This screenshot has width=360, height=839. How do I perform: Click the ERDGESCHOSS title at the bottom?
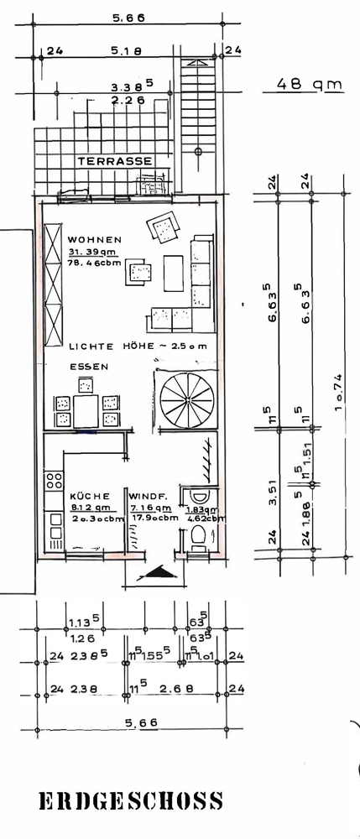tap(131, 801)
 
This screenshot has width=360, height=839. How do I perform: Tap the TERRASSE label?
tap(115, 160)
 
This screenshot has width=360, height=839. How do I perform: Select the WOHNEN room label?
tap(95, 240)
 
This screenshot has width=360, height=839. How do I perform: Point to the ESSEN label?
tap(89, 367)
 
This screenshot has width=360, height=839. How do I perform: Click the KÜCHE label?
tap(86, 496)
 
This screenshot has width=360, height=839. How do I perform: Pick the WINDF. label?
tap(148, 496)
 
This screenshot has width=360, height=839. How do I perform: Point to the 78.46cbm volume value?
tap(95, 265)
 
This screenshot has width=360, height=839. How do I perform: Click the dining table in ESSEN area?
tap(86, 411)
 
